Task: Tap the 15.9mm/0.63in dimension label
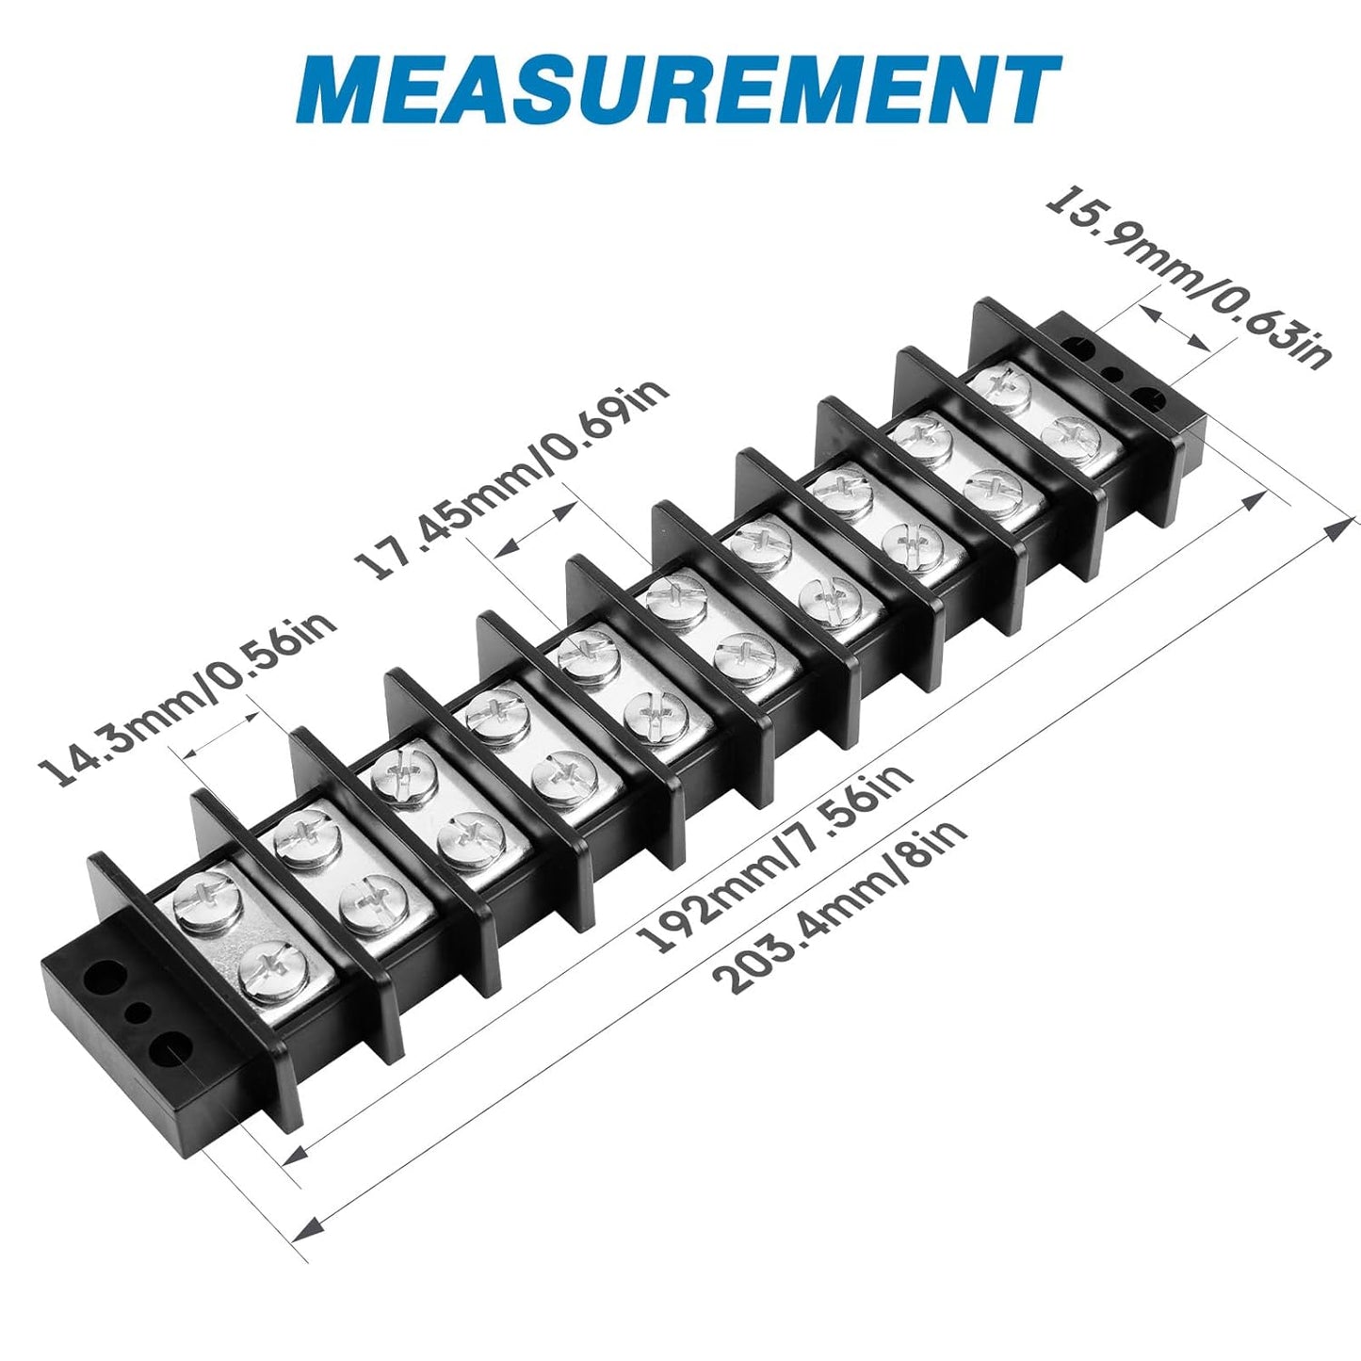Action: point(1190,278)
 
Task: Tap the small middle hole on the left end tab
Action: point(138,1013)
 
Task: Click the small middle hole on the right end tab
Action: point(1113,373)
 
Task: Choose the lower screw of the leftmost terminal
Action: point(272,969)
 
